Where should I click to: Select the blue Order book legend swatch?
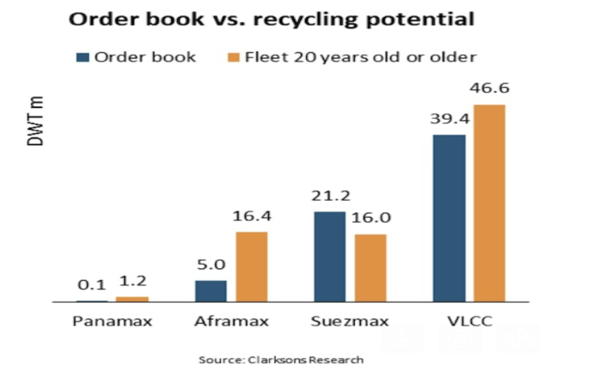83,57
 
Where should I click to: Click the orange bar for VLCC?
489,203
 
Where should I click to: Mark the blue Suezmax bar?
330,256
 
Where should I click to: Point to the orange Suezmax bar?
370,267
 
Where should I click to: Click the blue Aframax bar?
211,291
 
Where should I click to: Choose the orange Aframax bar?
251,266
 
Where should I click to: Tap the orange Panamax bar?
131,298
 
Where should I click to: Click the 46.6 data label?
489,88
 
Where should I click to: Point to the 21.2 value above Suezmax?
330,196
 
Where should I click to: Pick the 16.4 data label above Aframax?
251,216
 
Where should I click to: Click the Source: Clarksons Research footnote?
281,360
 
